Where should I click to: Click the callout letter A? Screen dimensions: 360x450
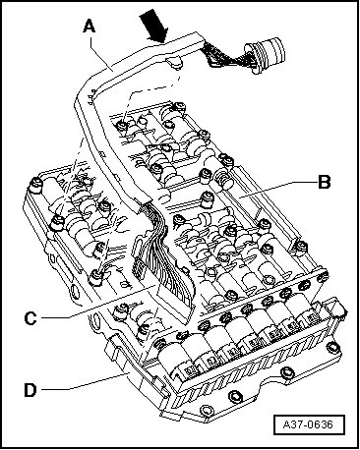coord(89,26)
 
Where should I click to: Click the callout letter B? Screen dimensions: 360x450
coord(325,182)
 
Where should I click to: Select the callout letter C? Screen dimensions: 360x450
coord(30,317)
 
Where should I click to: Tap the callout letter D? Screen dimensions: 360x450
coord(30,390)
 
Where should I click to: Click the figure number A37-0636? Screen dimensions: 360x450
coord(308,424)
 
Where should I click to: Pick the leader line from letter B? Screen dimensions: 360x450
coord(277,190)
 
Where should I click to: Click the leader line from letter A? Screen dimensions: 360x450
coord(101,51)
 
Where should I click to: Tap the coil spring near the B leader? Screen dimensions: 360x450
coord(222,180)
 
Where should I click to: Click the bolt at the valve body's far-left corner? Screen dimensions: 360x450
coord(35,185)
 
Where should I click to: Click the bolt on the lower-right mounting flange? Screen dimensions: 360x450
coord(331,348)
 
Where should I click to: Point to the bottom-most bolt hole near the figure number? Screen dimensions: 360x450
coord(205,410)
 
